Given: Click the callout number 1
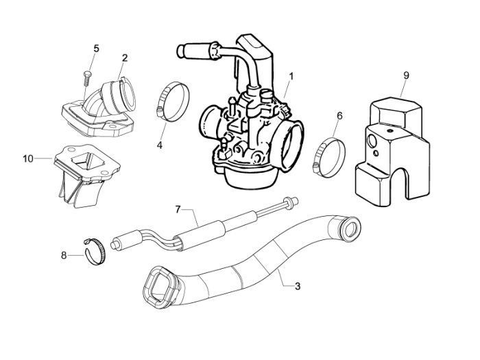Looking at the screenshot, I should pos(291,75).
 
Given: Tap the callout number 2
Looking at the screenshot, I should pos(125,58).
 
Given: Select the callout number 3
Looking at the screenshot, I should pos(297,286).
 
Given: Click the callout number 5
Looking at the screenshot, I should pos(96,48).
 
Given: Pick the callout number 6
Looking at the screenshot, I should pos(339,117).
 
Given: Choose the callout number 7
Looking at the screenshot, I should pos(178,208).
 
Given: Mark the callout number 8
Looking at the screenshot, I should pos(64,255).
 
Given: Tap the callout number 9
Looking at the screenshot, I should pos(406,74).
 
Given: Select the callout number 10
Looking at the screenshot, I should pos(27,159).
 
